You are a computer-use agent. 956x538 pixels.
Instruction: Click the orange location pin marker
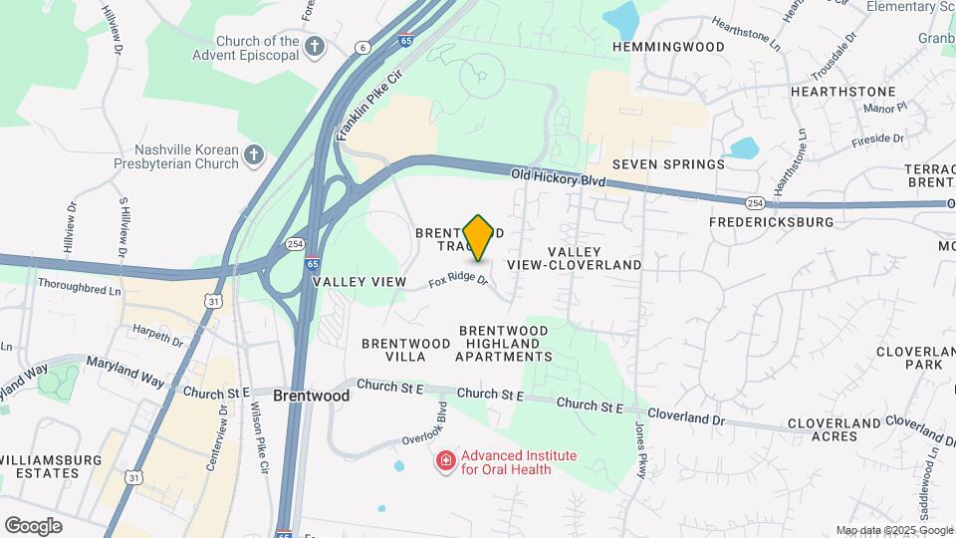479,237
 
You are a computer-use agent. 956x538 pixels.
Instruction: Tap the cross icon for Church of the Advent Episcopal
315,46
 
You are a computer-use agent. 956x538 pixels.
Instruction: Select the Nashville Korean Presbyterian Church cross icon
255,154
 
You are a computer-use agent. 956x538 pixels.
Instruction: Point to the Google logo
33,526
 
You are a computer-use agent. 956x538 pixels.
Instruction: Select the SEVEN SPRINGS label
668,164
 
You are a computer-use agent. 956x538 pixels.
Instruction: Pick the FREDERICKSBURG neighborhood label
771,222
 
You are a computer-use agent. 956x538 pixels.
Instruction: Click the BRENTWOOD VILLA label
393,350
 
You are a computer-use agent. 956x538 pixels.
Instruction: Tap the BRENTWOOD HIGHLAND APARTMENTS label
503,343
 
